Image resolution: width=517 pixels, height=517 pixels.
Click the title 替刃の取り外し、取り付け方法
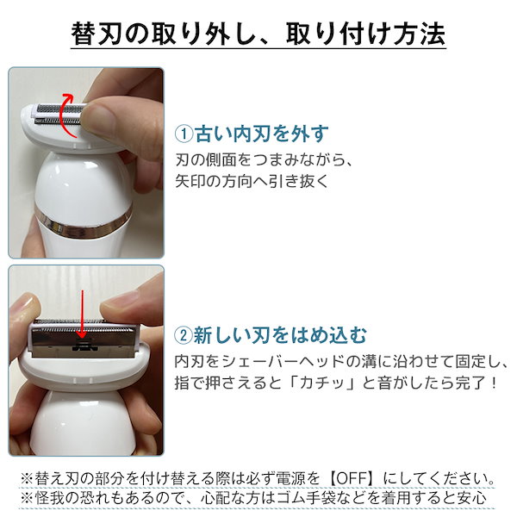point(258,36)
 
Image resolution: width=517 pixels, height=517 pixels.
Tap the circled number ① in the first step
point(185,134)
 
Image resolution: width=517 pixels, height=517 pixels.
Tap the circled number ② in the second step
point(185,333)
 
